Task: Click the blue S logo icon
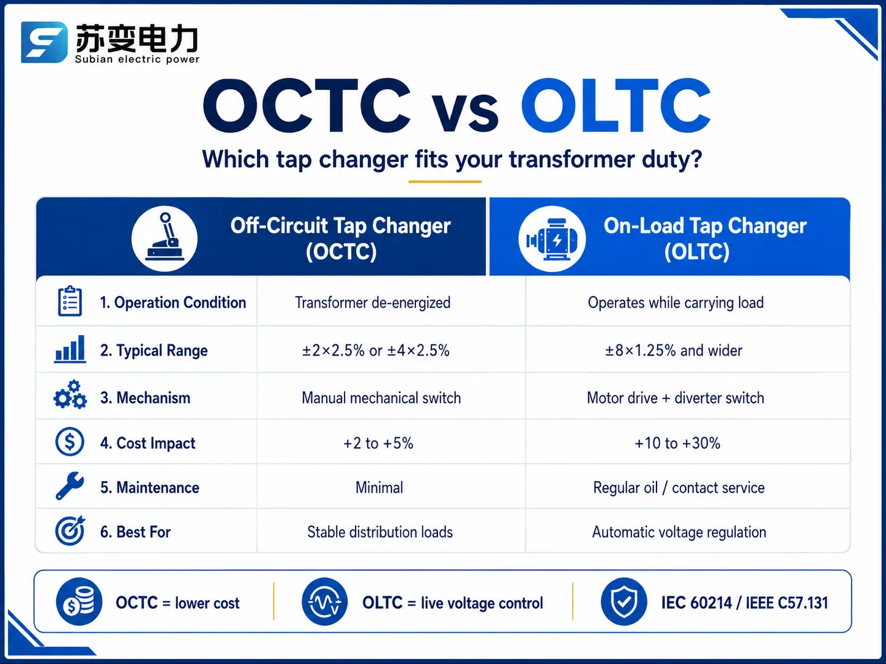(x=44, y=42)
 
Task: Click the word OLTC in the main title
(x=616, y=106)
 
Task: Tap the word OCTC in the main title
(x=307, y=106)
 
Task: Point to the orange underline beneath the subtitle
(x=445, y=182)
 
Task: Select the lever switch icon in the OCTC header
(x=165, y=238)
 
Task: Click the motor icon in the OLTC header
(x=552, y=239)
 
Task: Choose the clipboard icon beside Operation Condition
(x=70, y=301)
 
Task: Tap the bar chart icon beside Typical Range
(x=70, y=349)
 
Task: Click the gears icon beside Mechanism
(x=70, y=395)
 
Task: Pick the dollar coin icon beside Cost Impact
(x=69, y=442)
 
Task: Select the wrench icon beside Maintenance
(x=70, y=486)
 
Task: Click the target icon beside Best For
(x=70, y=530)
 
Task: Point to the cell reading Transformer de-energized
(x=373, y=303)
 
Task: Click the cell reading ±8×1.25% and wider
(x=674, y=350)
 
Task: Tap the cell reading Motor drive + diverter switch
(x=676, y=398)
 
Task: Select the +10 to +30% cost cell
(x=677, y=443)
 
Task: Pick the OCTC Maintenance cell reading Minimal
(x=379, y=488)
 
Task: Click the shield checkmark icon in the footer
(x=624, y=602)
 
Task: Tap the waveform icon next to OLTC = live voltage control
(x=324, y=602)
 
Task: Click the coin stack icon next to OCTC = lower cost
(x=79, y=602)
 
